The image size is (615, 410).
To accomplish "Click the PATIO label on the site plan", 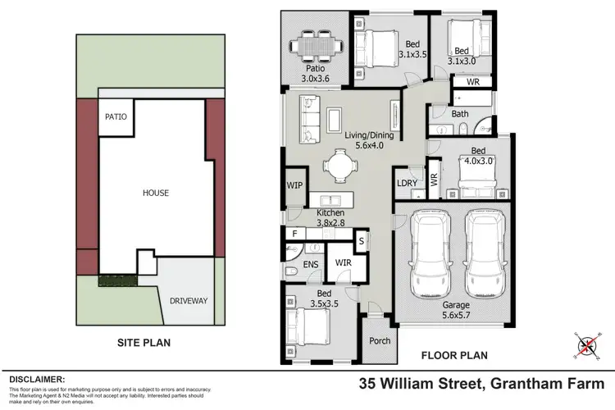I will pos(116,117).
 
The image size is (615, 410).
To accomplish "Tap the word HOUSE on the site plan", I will pos(155,194).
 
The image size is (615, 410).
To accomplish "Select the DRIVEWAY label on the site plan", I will pos(189,301).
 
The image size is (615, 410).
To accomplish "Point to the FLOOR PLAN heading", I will pos(453,356).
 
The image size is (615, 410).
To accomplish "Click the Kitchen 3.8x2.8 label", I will pos(330,218).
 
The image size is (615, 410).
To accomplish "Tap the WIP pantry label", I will pos(294,186).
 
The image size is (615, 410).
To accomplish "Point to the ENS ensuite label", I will pos(310,265).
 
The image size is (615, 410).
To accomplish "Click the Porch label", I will pos(380,342).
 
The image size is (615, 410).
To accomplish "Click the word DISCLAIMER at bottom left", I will pos(37,380).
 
